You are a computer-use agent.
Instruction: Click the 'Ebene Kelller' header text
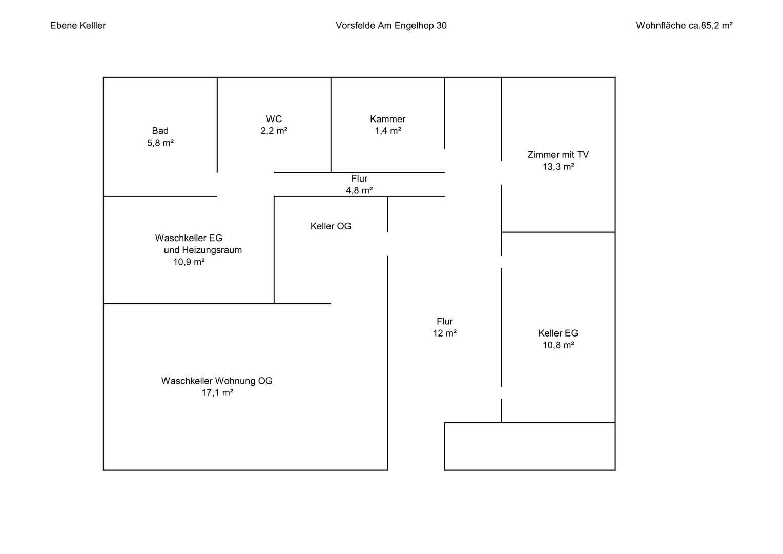(x=77, y=26)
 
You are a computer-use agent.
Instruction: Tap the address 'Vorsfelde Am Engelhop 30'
(x=391, y=26)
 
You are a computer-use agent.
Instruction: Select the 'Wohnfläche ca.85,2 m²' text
(x=685, y=26)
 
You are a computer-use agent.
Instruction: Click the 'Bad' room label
(x=160, y=131)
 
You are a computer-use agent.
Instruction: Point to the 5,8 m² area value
(x=160, y=143)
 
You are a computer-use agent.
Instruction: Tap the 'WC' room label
(x=274, y=119)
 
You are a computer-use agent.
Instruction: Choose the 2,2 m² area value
(x=274, y=131)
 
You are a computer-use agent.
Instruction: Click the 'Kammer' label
(x=387, y=119)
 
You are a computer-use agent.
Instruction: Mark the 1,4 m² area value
(x=388, y=131)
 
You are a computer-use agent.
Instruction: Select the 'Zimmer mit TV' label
(x=558, y=155)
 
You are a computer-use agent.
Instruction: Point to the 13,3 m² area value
(x=558, y=167)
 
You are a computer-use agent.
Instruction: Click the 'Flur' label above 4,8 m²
(x=359, y=179)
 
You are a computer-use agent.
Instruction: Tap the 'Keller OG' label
(x=331, y=226)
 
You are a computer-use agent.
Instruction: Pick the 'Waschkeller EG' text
(x=189, y=238)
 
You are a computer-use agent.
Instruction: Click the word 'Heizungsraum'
(x=212, y=250)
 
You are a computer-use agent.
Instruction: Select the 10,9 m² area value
(x=189, y=262)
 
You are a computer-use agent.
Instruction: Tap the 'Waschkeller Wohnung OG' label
(x=217, y=381)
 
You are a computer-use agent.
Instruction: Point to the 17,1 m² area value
(x=217, y=392)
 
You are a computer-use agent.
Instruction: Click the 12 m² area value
(x=445, y=333)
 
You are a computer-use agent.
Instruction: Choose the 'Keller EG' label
(x=558, y=333)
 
